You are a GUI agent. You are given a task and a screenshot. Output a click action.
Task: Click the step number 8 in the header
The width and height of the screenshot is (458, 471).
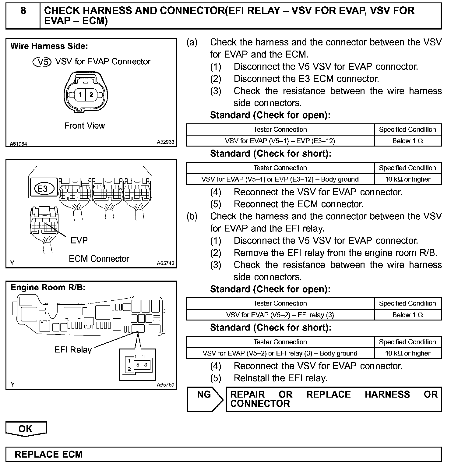point(23,11)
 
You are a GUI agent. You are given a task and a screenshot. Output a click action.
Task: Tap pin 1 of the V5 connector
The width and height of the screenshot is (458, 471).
point(80,94)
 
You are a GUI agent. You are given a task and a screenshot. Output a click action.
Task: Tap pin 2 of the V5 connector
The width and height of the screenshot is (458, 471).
point(91,94)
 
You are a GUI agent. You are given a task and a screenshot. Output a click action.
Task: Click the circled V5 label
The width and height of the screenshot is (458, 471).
point(42,62)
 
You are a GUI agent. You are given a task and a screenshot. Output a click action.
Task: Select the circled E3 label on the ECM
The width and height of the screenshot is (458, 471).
point(42,189)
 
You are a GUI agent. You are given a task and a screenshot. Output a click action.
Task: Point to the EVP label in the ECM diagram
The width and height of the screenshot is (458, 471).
point(79,240)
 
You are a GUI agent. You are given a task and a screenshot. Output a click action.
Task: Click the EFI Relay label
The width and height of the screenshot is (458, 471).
point(73,349)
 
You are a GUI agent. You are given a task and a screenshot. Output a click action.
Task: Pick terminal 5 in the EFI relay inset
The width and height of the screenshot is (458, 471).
point(138,365)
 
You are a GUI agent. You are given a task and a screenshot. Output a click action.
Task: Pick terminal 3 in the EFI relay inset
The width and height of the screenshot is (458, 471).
point(146,365)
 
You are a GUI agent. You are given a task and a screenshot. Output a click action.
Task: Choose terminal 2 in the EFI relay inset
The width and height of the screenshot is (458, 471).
point(129,369)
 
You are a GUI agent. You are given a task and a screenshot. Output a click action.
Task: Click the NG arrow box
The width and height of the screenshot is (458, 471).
point(204,399)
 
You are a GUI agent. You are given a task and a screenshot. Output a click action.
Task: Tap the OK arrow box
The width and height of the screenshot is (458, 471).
point(26,429)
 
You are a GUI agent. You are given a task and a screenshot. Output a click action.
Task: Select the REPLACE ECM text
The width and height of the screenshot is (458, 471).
point(48,454)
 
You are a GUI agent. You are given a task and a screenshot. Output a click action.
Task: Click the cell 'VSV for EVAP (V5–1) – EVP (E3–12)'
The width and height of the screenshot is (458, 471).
point(280,141)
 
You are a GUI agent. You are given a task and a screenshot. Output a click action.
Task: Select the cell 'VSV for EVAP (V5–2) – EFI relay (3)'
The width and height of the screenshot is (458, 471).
point(280,315)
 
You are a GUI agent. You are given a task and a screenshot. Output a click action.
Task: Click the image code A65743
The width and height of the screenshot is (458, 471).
point(165,263)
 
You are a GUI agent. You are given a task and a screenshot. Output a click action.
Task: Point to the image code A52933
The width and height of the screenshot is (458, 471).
point(165,142)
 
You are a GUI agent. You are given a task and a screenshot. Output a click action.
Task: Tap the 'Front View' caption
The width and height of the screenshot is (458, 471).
point(85,126)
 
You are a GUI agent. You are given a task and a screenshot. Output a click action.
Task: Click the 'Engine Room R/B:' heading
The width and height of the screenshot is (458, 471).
point(48,287)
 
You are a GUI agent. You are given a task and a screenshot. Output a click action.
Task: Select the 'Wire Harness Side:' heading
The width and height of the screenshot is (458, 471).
point(49,46)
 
